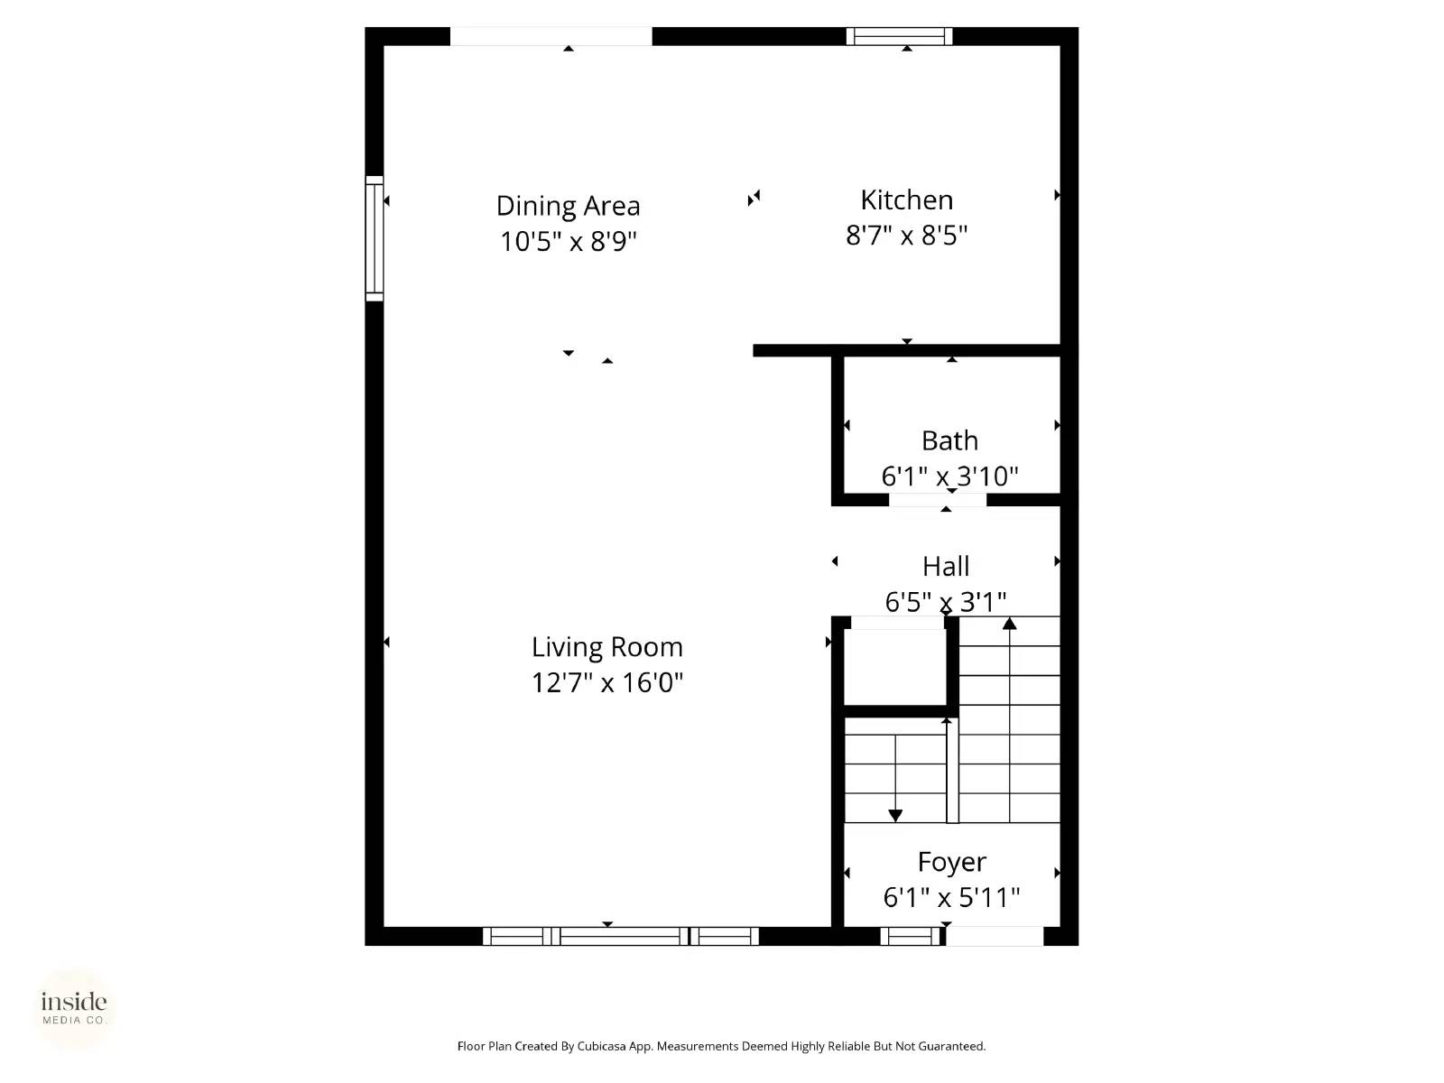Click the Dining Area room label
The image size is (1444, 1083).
point(568,206)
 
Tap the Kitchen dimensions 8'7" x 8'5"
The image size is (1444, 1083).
point(906,236)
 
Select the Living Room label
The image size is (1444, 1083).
point(606,647)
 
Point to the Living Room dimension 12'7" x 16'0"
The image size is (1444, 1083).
point(606,682)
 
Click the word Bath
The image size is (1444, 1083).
point(949,440)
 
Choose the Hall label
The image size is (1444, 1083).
point(946,567)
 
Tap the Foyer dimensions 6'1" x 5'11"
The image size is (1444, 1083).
point(951,897)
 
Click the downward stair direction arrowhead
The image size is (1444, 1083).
point(895,816)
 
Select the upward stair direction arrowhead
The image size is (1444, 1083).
point(1009,623)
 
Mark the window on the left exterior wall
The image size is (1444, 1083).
point(374,238)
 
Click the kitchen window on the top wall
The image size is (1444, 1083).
point(899,36)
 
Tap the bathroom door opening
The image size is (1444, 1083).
point(937,500)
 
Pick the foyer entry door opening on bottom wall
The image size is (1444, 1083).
point(995,936)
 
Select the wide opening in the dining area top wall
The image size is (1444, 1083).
point(551,36)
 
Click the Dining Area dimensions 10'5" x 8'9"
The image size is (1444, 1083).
point(569,242)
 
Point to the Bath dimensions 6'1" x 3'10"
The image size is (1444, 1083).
point(949,476)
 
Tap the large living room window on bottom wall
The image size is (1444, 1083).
point(621,936)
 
